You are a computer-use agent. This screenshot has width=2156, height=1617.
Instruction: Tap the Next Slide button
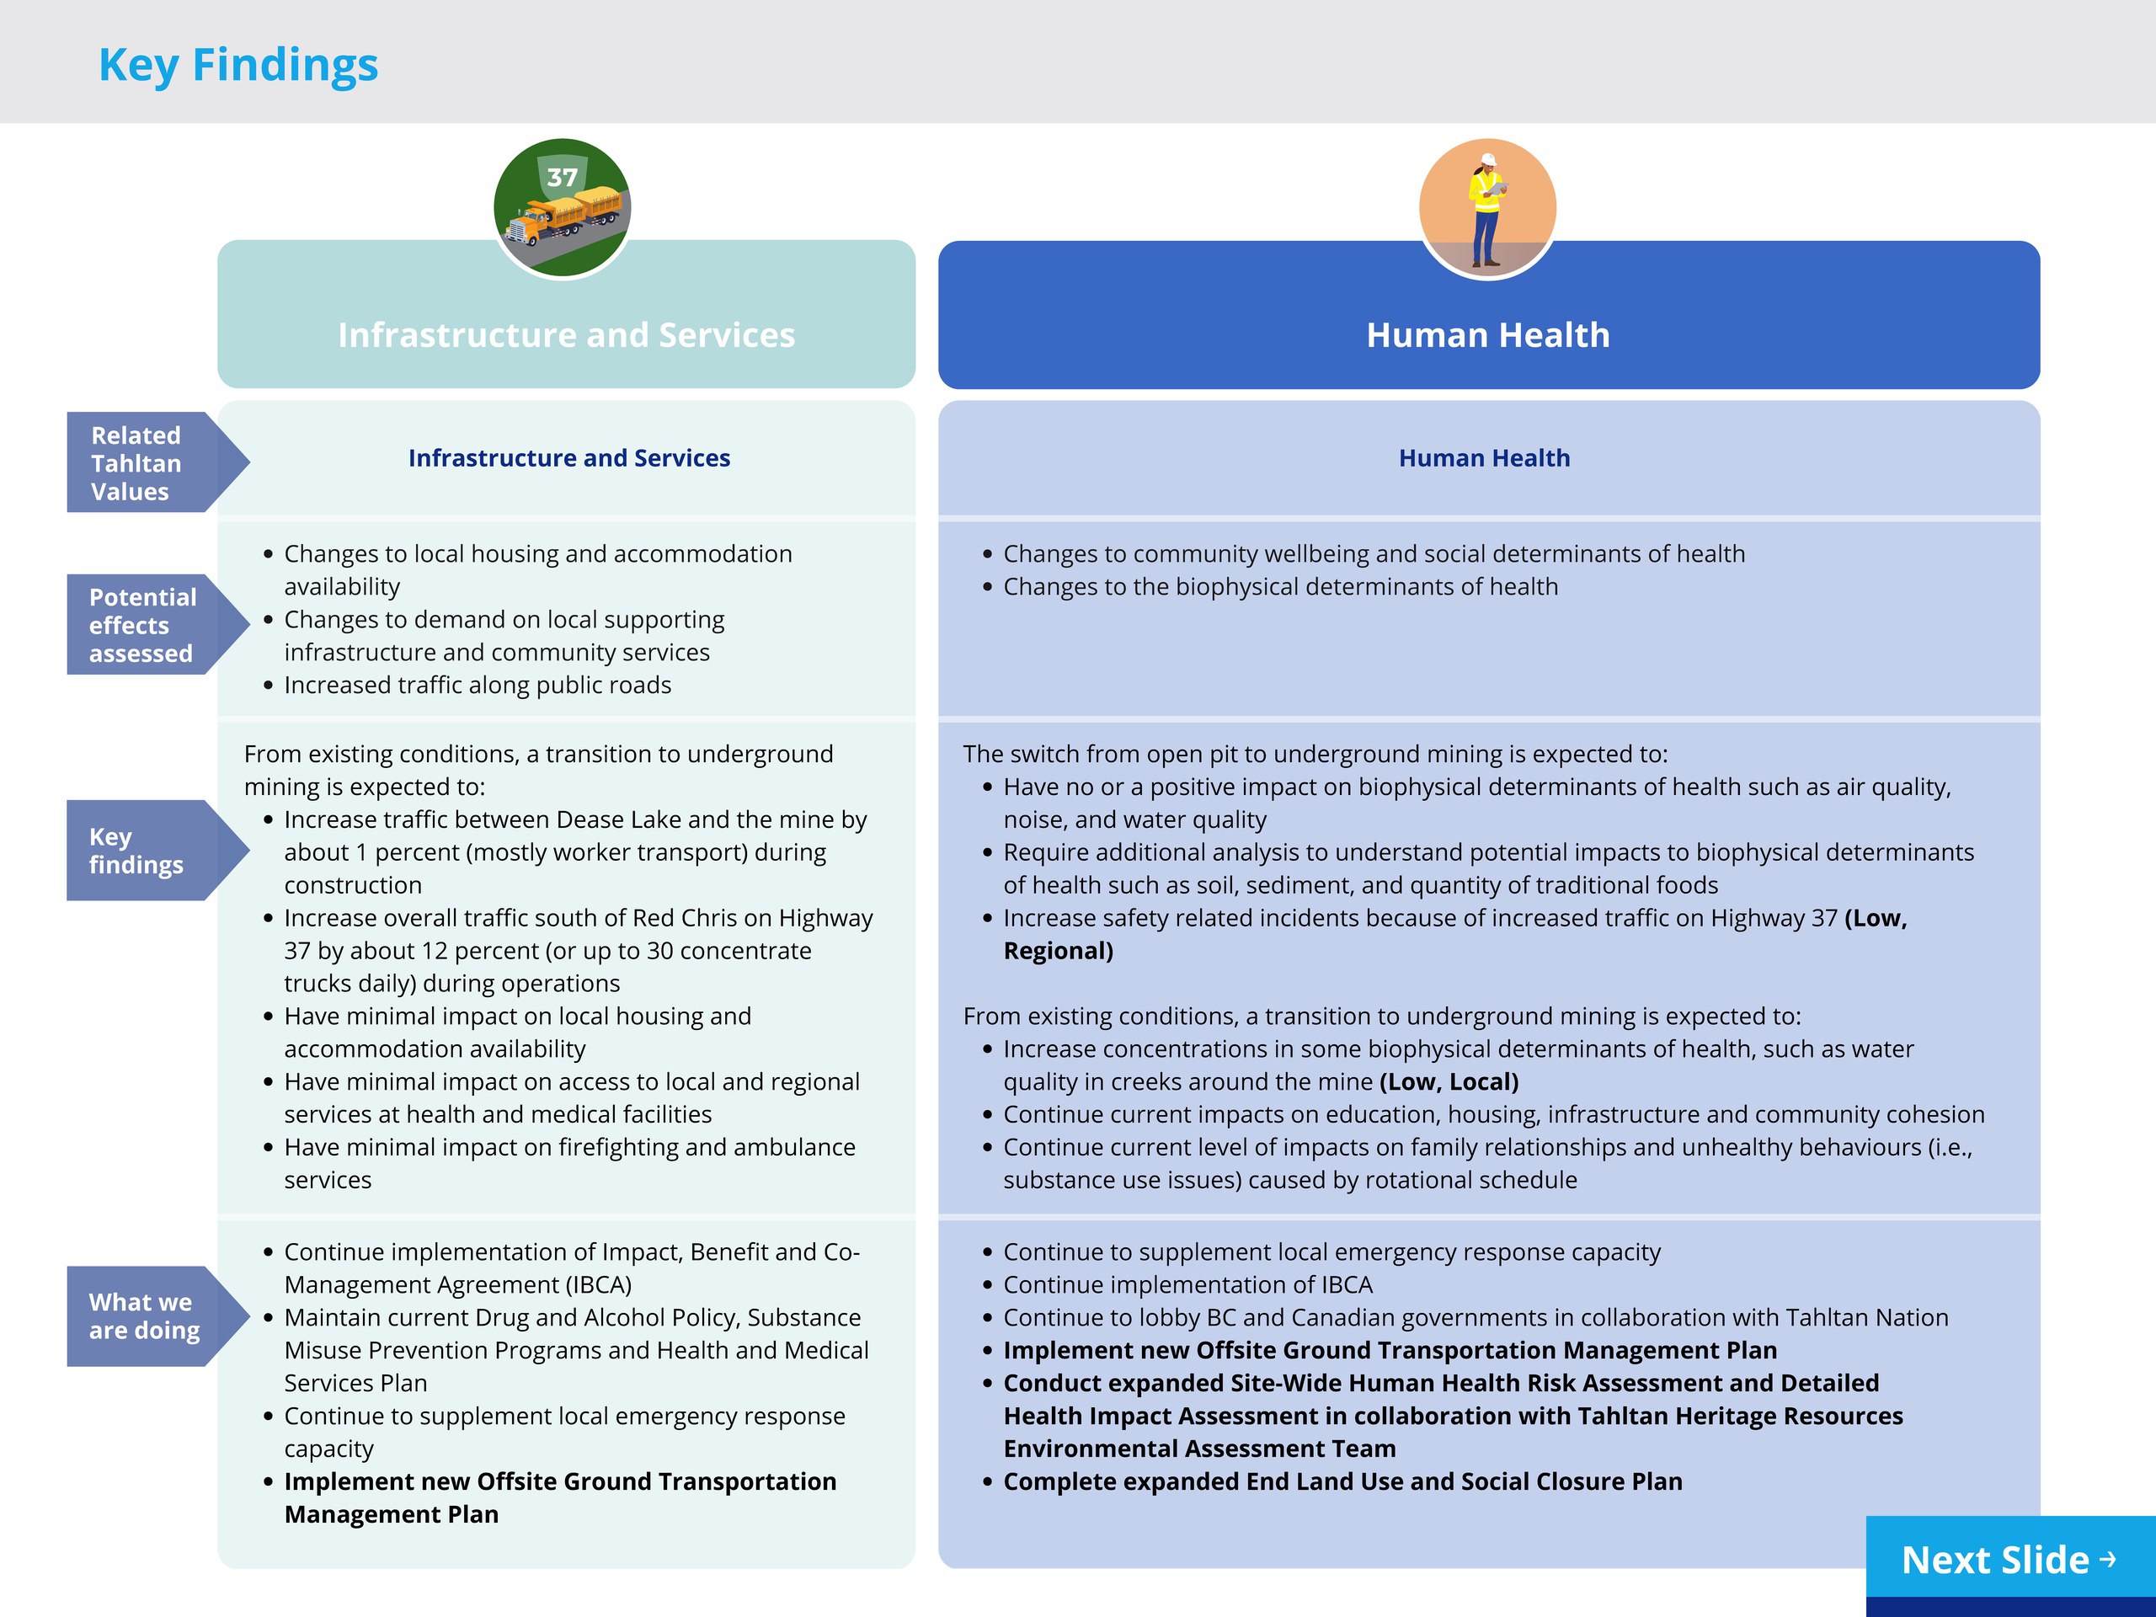click(2008, 1560)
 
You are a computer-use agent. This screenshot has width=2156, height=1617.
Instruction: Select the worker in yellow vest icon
click(1487, 208)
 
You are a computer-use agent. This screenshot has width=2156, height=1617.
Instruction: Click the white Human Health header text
click(1487, 335)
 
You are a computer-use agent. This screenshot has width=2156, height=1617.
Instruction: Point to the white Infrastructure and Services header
click(566, 335)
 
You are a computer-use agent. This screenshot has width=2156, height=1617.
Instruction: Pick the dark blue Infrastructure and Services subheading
click(568, 458)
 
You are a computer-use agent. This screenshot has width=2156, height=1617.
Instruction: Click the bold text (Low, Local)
click(1449, 1082)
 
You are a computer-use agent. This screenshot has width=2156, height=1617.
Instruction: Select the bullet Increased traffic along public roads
click(478, 686)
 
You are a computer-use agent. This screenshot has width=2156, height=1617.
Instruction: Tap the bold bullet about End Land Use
click(1342, 1481)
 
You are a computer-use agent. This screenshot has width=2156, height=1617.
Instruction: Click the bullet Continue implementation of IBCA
click(1187, 1284)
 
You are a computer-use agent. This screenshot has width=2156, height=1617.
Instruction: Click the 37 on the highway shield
click(563, 178)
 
